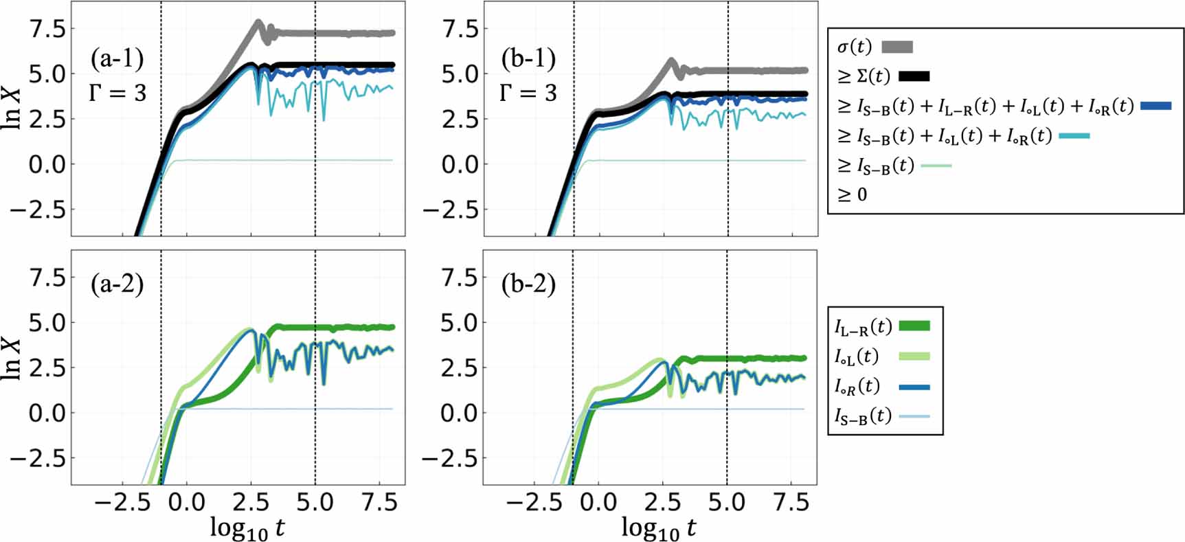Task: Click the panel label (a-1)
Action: pyautogui.click(x=117, y=59)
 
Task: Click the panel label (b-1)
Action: pyautogui.click(x=528, y=59)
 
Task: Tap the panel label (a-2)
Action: pyautogui.click(x=117, y=284)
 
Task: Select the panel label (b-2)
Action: pyautogui.click(x=528, y=284)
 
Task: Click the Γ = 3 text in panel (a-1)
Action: pyautogui.click(x=117, y=92)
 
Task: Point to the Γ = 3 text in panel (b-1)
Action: pyautogui.click(x=528, y=92)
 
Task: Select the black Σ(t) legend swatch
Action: pyautogui.click(x=913, y=76)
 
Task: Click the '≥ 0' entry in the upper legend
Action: pyautogui.click(x=853, y=195)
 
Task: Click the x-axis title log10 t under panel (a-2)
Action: pyautogui.click(x=247, y=528)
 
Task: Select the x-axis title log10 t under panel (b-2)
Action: pyautogui.click(x=658, y=528)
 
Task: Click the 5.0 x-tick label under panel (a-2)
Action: pyautogui.click(x=315, y=502)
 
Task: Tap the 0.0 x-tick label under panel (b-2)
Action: pyautogui.click(x=598, y=502)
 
